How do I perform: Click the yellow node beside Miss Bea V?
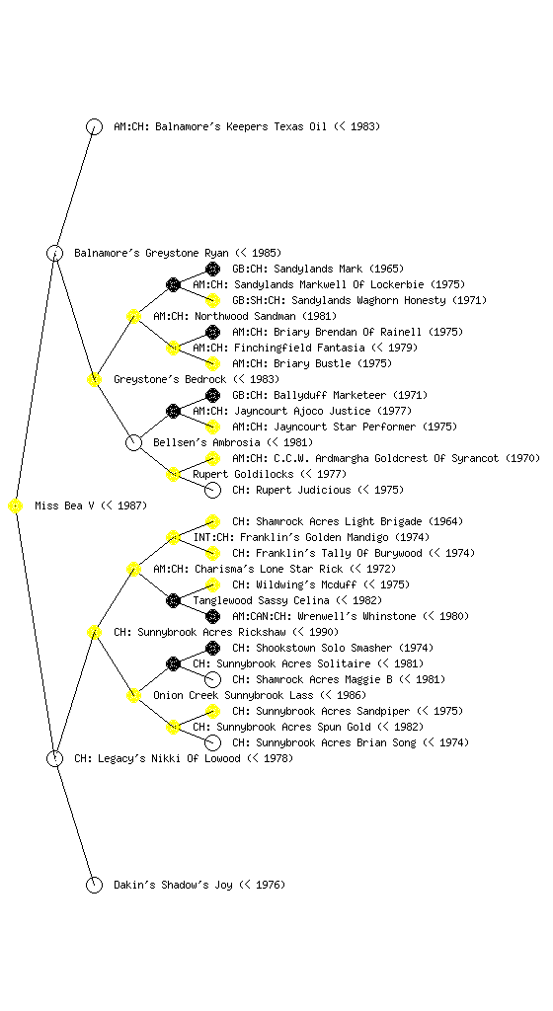(16, 506)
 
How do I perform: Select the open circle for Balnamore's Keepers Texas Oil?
(94, 127)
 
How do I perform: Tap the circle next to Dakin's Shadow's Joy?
(94, 886)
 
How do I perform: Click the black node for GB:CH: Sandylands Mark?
(212, 269)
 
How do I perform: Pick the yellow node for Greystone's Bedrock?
(94, 380)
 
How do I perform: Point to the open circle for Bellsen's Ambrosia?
(133, 443)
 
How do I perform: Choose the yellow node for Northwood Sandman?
(133, 317)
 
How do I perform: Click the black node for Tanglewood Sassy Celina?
(173, 601)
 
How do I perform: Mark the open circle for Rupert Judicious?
(212, 490)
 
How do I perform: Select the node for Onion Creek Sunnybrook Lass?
(133, 696)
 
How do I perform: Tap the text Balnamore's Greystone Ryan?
(151, 254)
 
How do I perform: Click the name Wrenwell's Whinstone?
(357, 616)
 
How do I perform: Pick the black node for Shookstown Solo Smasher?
(212, 648)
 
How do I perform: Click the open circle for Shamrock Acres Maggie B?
(212, 679)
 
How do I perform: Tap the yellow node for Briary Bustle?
(212, 363)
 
